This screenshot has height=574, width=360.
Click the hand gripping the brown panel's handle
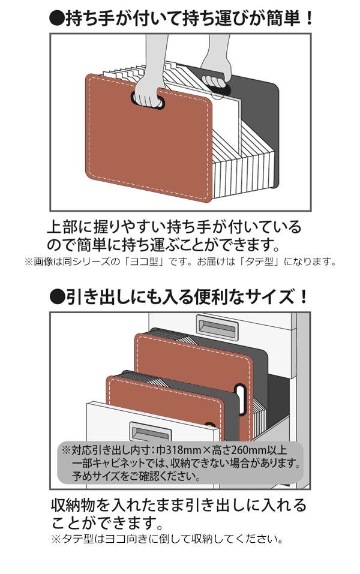(x=146, y=97)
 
